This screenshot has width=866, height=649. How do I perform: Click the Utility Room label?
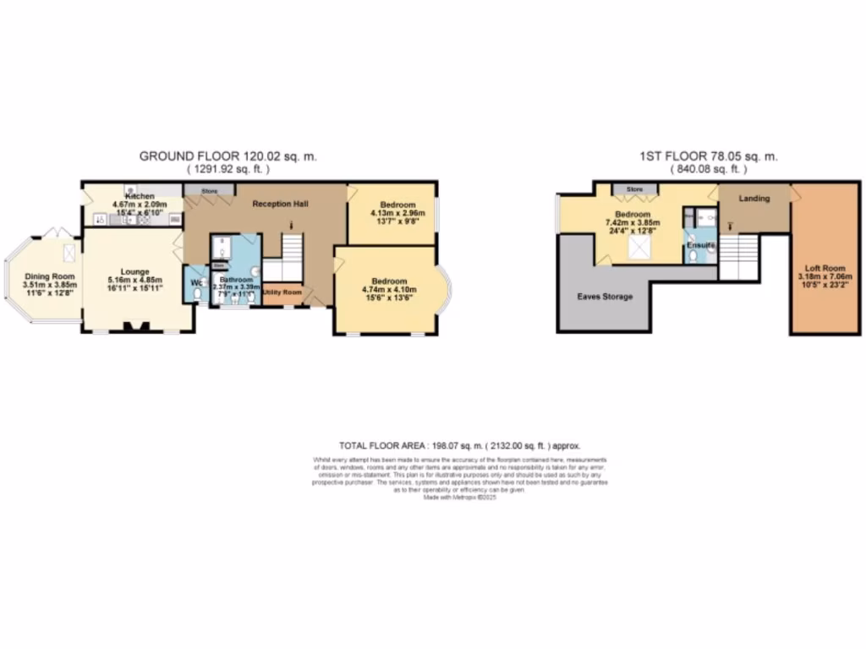point(282,292)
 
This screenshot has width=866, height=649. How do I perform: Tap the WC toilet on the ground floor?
point(198,293)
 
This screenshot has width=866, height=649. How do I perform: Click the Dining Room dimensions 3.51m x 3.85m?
point(50,285)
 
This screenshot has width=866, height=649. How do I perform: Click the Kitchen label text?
point(140,196)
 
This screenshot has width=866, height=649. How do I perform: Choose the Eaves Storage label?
point(605,297)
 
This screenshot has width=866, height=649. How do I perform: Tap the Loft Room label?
point(825,266)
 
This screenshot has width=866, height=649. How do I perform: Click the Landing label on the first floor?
point(754,199)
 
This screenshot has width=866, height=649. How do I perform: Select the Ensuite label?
point(701,245)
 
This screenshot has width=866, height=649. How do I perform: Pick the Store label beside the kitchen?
point(209,192)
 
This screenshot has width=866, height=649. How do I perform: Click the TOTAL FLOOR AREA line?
point(460,445)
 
